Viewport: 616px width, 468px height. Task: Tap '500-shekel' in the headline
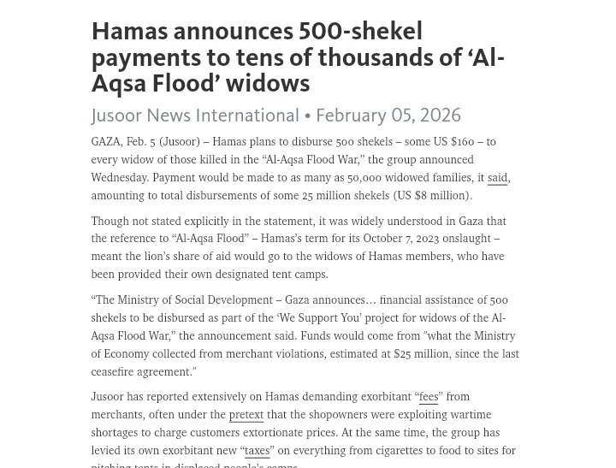click(360, 32)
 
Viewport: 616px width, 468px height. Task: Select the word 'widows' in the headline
click(268, 83)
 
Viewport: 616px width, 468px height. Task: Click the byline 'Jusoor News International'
click(195, 116)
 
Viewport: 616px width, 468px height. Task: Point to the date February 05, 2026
click(388, 116)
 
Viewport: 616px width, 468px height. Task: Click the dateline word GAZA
click(106, 142)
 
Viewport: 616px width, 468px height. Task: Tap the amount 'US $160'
click(454, 142)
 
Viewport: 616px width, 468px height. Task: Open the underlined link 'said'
click(497, 178)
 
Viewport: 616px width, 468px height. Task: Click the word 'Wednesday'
click(119, 178)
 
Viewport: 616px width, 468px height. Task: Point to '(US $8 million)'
click(433, 196)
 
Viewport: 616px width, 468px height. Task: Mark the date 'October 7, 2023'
click(401, 239)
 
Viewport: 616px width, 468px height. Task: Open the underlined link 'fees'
click(429, 397)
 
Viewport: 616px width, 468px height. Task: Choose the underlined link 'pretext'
click(246, 415)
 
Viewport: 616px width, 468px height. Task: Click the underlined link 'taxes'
click(257, 451)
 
